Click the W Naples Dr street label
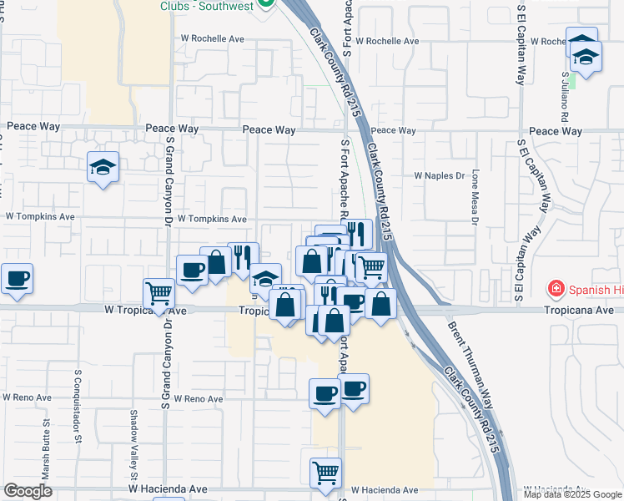tap(439, 176)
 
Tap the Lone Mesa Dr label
tap(475, 198)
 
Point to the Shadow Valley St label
tap(133, 433)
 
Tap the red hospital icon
tap(555, 289)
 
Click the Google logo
tap(28, 491)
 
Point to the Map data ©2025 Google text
tap(571, 493)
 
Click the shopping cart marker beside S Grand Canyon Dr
tap(159, 292)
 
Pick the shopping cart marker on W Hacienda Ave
tap(325, 473)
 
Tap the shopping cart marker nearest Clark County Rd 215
tap(372, 267)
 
